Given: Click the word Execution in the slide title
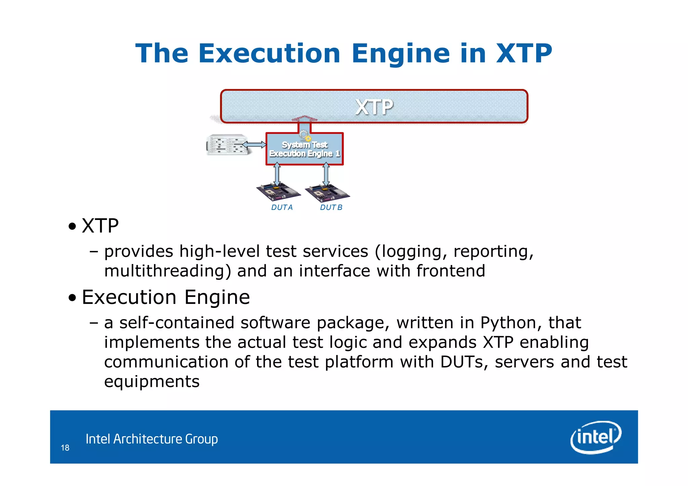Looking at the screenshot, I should pyautogui.click(x=269, y=53).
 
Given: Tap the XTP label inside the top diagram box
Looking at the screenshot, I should pyautogui.click(x=374, y=107).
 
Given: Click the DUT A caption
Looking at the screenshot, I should pyautogui.click(x=282, y=208).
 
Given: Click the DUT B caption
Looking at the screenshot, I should pyautogui.click(x=331, y=208).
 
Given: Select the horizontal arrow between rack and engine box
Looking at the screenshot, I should pyautogui.click(x=254, y=145).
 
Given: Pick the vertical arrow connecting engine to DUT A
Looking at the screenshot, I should pyautogui.click(x=277, y=174).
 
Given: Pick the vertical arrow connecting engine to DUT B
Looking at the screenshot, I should pyautogui.click(x=326, y=174).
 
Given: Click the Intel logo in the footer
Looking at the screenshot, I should pyautogui.click(x=596, y=437).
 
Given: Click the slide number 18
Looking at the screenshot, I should pyautogui.click(x=65, y=448).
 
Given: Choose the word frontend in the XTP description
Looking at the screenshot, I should pyautogui.click(x=451, y=271).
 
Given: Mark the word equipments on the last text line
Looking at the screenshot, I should pyautogui.click(x=152, y=382).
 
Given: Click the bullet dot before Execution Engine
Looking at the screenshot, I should pyautogui.click(x=72, y=298).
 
